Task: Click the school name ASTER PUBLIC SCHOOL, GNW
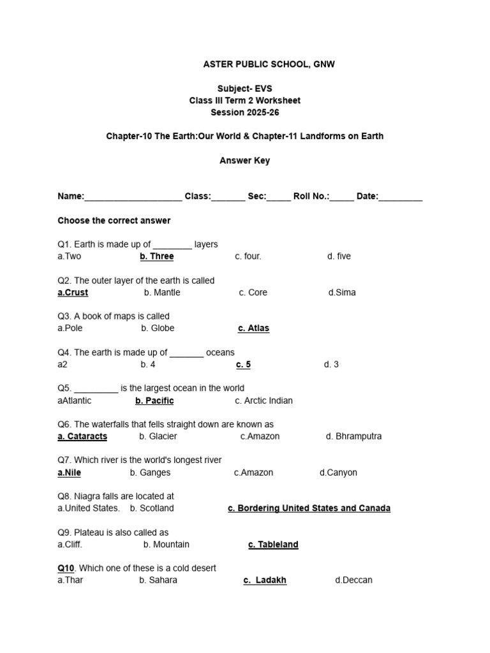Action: (x=269, y=64)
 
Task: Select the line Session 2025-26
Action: (x=245, y=112)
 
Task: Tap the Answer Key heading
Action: (x=244, y=161)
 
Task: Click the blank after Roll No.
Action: (x=342, y=197)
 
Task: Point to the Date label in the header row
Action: (x=367, y=196)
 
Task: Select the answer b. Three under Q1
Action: (x=157, y=256)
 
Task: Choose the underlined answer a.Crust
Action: (x=73, y=293)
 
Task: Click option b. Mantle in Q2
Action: (x=162, y=293)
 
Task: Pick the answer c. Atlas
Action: (x=253, y=328)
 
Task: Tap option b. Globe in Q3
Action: (x=158, y=328)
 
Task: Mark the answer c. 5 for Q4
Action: (x=243, y=365)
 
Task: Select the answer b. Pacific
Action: (x=154, y=401)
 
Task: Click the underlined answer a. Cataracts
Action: (x=82, y=437)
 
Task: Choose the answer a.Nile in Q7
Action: (x=70, y=473)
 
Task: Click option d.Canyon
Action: (x=338, y=473)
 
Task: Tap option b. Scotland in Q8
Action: (x=152, y=509)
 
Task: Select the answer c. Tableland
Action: (x=273, y=545)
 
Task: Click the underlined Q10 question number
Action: (x=66, y=568)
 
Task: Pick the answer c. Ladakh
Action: (x=265, y=581)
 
